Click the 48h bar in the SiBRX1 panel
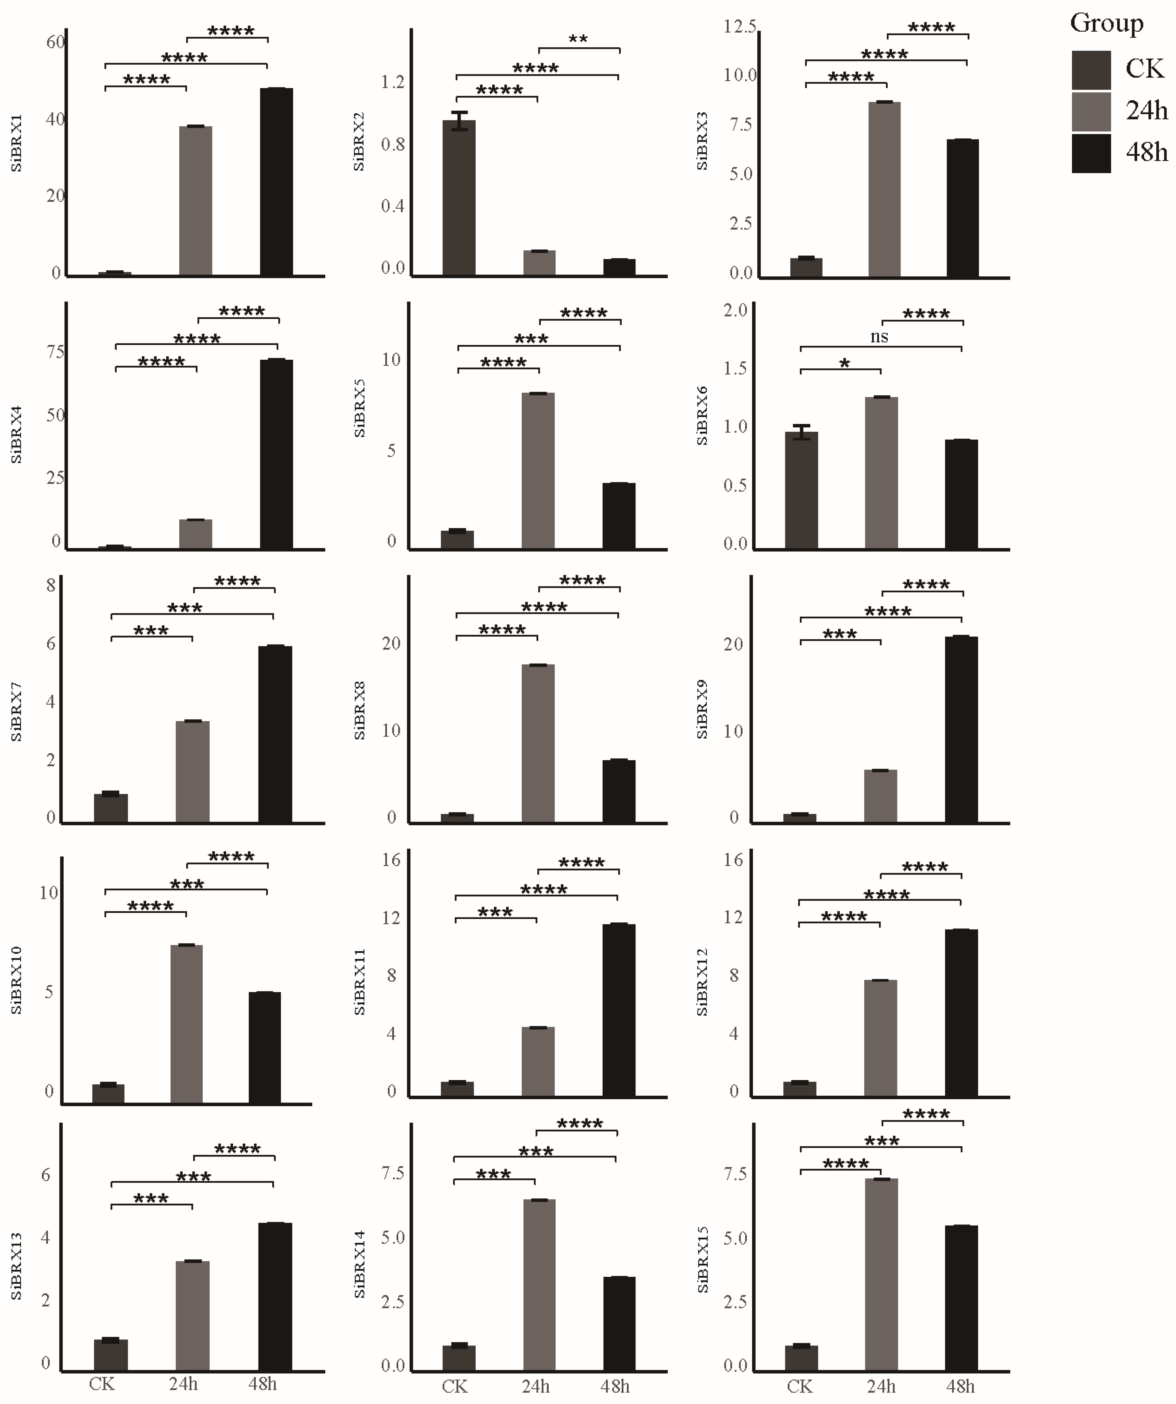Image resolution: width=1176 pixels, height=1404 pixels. pyautogui.click(x=276, y=182)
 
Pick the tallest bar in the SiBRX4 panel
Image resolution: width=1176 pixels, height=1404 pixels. pyautogui.click(x=276, y=455)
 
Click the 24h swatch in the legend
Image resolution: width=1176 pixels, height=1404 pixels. pyautogui.click(x=1091, y=112)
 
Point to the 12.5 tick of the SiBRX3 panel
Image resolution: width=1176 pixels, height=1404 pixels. pyautogui.click(x=740, y=27)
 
